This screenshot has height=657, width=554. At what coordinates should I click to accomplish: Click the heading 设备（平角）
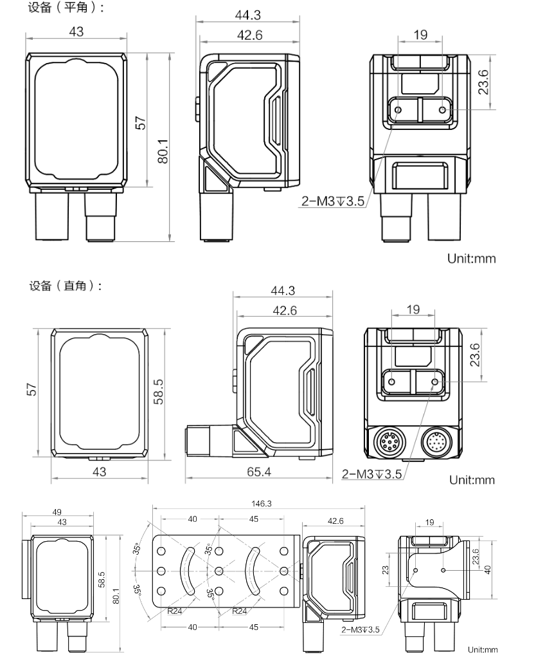point(66,8)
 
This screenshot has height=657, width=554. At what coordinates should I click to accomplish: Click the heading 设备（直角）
point(66,286)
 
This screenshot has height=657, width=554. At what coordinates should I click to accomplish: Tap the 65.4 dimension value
point(258,472)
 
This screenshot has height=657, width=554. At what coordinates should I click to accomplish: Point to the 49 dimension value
point(57,512)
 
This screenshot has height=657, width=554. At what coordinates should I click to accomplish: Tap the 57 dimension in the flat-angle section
point(141,122)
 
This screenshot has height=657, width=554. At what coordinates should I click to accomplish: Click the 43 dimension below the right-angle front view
point(99,472)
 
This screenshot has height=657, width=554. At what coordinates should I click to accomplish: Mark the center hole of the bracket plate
point(220,570)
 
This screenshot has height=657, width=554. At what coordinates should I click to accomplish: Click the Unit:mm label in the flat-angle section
point(472,259)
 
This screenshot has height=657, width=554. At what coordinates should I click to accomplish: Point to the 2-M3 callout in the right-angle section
point(371,474)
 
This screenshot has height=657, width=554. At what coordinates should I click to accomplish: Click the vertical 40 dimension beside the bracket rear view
point(488,569)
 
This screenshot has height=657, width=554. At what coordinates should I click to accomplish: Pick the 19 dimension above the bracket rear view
point(429,523)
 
